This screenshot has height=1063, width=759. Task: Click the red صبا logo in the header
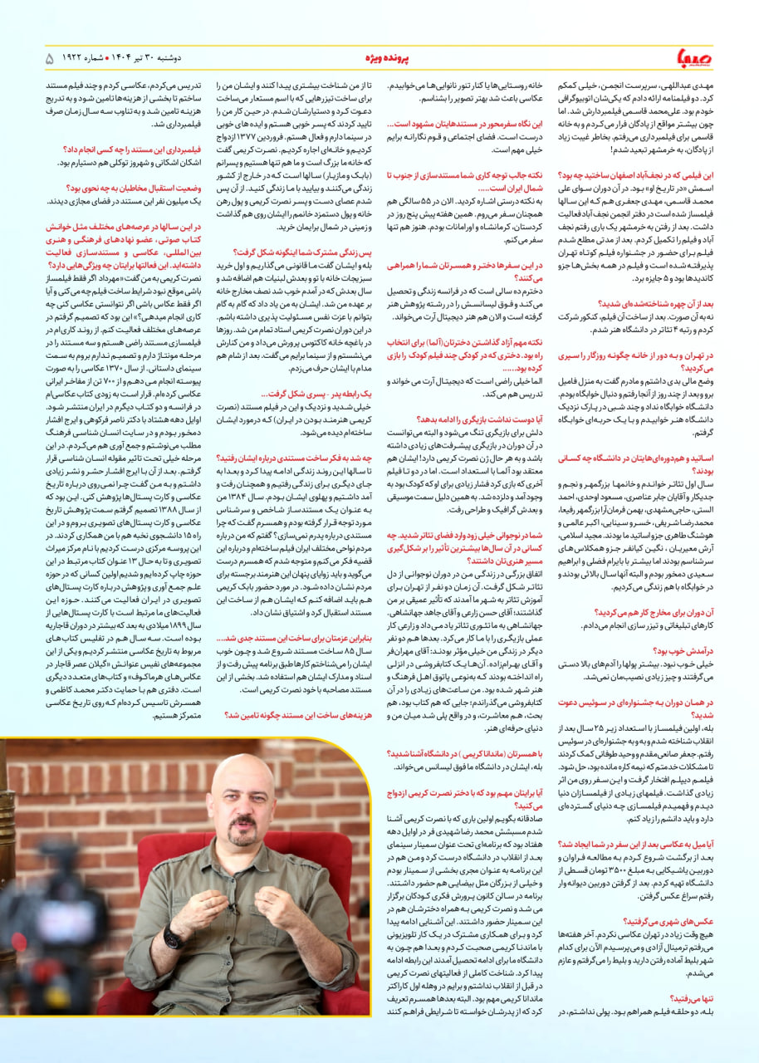(692, 59)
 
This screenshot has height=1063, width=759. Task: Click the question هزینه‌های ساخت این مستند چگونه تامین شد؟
(303, 714)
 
